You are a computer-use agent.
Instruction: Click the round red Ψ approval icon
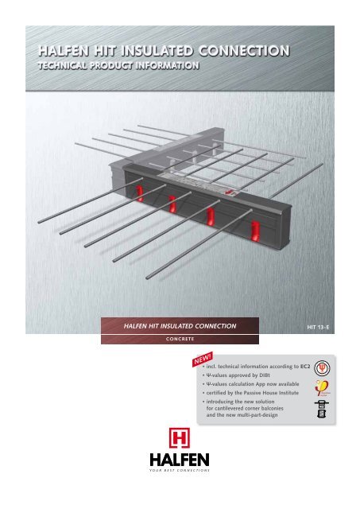[x=322, y=370]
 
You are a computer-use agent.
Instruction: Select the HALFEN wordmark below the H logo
[x=179, y=463]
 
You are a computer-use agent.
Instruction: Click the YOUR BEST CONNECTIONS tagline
[x=179, y=475]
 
